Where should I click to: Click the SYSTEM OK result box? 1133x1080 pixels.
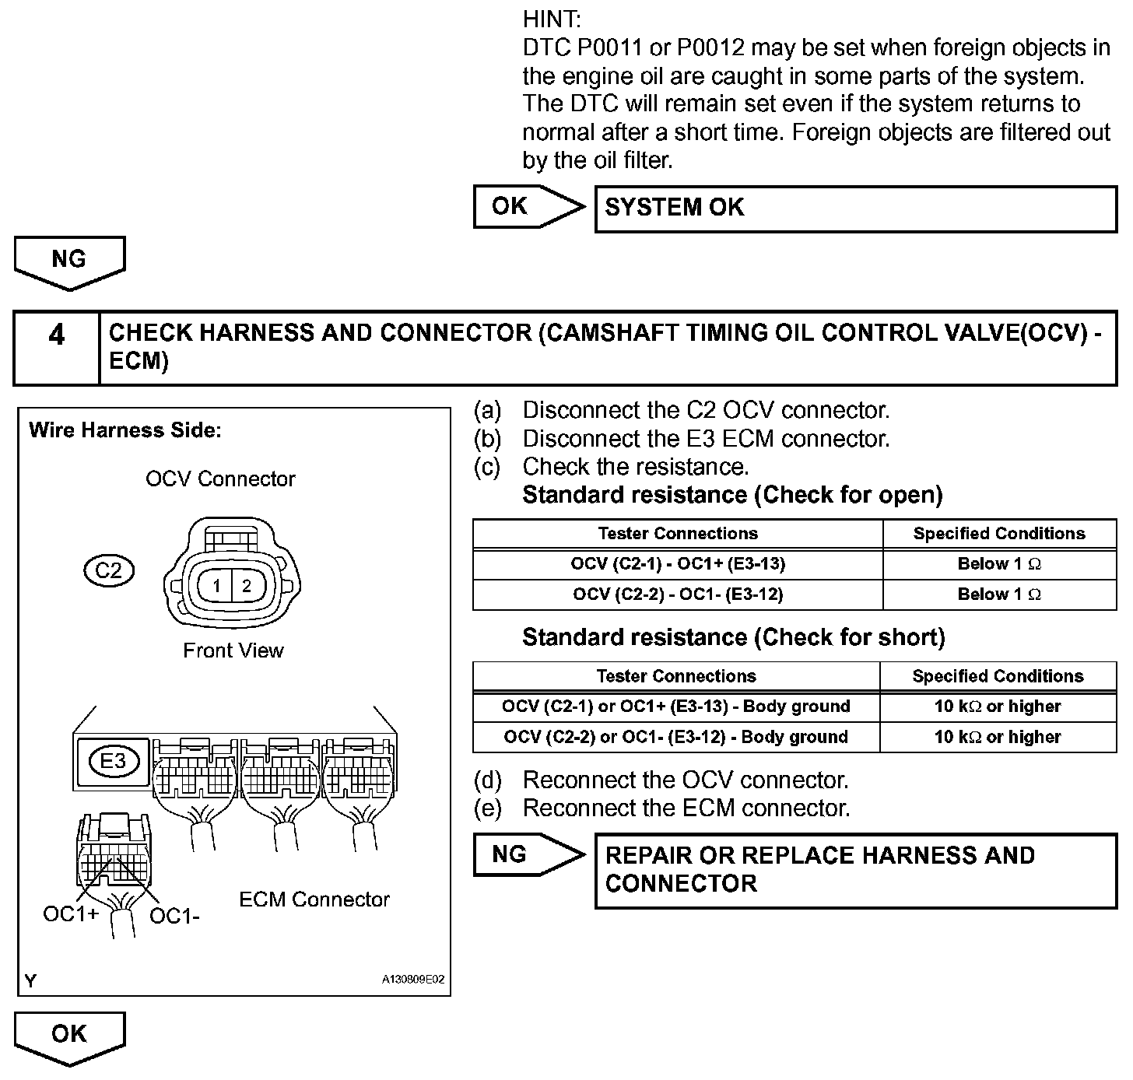point(855,209)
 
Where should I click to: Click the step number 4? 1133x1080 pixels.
point(57,335)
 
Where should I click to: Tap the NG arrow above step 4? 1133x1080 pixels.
point(69,261)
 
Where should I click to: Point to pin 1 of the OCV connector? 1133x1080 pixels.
point(217,586)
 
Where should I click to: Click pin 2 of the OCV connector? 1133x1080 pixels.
point(247,586)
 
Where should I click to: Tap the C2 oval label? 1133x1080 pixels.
point(108,571)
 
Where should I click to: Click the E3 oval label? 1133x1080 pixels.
point(113,760)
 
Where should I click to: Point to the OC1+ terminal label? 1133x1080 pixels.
point(71,914)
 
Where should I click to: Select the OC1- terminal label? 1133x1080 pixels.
point(174,917)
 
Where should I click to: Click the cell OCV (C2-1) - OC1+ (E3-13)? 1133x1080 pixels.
point(677,564)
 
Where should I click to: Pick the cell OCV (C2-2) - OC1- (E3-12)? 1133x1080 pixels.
point(677,594)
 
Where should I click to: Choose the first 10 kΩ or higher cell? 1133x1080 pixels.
point(998,707)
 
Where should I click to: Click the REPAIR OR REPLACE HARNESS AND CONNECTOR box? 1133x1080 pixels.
point(855,870)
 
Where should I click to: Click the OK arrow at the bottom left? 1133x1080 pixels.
point(69,1035)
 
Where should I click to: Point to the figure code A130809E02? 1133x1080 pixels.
point(412,980)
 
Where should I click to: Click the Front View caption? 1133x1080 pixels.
point(233,650)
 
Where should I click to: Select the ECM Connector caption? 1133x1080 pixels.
point(314,899)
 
